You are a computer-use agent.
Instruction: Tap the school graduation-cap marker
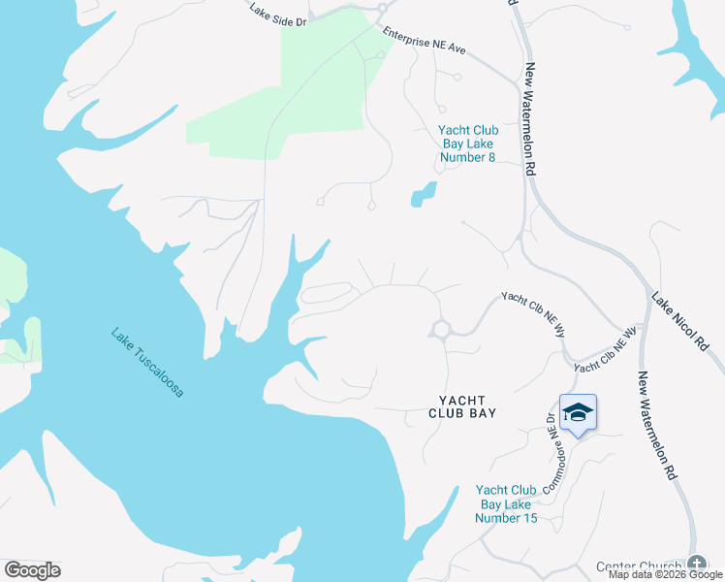(x=578, y=414)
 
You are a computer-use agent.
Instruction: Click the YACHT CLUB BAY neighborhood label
(x=462, y=405)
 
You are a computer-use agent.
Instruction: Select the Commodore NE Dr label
(x=549, y=451)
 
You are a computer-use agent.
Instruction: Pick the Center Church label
(x=639, y=566)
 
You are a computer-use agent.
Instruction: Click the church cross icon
(x=696, y=564)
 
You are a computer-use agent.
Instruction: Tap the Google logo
(x=32, y=569)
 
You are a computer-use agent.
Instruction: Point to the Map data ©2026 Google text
(x=665, y=574)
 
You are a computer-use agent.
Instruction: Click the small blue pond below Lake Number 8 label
(x=423, y=194)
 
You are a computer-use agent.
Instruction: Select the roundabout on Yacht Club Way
(x=441, y=330)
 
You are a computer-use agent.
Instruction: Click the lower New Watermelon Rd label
(x=656, y=426)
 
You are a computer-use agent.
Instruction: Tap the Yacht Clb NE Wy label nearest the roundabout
(x=533, y=313)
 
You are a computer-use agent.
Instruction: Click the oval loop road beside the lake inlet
(x=326, y=293)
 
